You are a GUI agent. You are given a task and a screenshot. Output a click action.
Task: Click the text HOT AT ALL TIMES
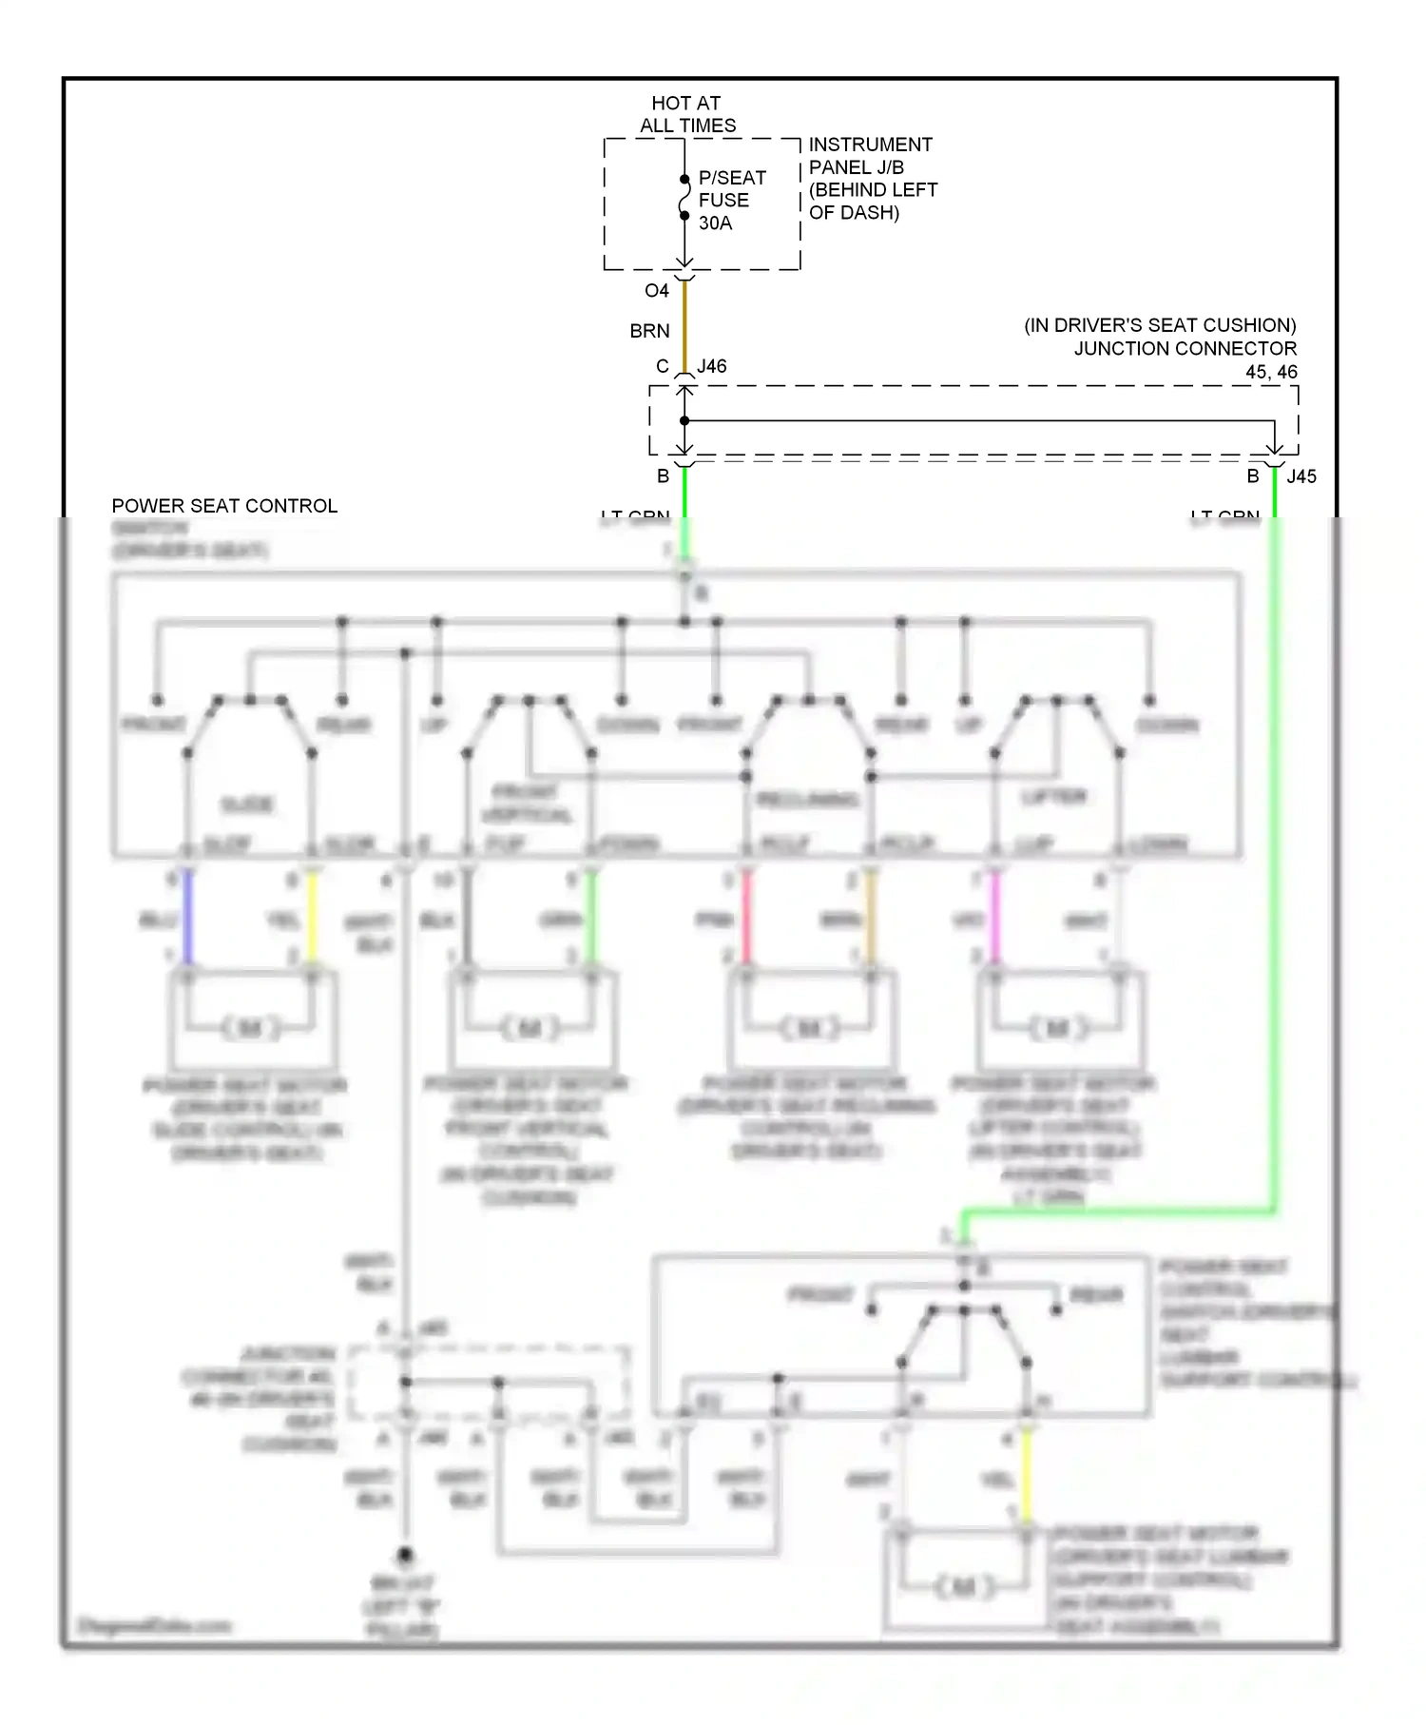686,114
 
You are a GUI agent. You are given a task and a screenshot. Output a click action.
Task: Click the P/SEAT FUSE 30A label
731,201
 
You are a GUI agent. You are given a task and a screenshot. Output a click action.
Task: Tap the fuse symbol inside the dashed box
684,198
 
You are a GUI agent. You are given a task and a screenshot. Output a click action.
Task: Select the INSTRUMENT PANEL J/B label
872,178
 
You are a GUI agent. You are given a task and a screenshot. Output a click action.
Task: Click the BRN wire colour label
649,331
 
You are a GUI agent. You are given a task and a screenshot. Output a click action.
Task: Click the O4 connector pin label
656,291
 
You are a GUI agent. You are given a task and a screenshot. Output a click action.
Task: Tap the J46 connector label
711,366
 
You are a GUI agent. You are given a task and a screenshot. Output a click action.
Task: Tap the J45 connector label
1301,476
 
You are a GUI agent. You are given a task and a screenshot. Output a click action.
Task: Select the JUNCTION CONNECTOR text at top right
1185,348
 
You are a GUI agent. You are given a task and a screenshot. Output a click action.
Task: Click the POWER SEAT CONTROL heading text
224,506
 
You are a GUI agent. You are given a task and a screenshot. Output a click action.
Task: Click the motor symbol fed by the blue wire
250,1028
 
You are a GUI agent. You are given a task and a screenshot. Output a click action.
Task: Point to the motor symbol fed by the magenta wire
1056,1028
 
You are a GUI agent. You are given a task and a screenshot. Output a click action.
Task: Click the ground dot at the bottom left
405,1556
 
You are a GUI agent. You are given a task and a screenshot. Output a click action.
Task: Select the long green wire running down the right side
1275,856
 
